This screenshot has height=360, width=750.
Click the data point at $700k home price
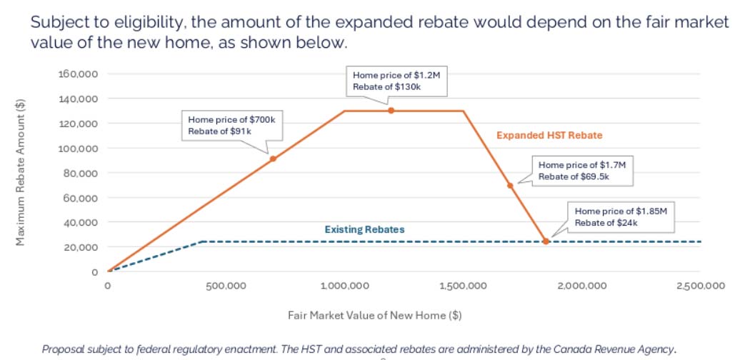[x=273, y=159]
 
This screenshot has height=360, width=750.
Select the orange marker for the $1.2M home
[x=391, y=111]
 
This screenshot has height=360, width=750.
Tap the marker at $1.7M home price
[x=510, y=186]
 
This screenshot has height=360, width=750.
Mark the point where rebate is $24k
[x=546, y=241]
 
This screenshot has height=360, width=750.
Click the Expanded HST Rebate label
[x=549, y=135]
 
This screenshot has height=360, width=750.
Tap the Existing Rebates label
[x=364, y=229]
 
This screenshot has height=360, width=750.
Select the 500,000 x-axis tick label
[x=226, y=286]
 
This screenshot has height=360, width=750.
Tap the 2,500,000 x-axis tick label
[x=700, y=286]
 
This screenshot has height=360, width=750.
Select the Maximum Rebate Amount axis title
[x=21, y=171]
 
